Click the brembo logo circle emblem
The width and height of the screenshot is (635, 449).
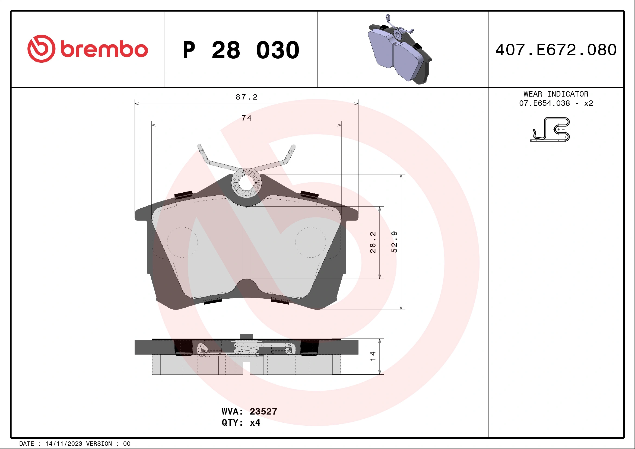pyautogui.click(x=41, y=49)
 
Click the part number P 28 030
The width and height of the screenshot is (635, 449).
pyautogui.click(x=241, y=50)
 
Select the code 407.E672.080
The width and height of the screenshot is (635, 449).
pyautogui.click(x=556, y=50)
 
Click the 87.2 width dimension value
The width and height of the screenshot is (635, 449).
pyautogui.click(x=246, y=97)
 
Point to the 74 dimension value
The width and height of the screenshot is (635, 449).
pyautogui.click(x=246, y=118)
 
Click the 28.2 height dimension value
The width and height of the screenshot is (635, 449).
pyautogui.click(x=373, y=242)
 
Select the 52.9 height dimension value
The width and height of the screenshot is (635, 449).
pyautogui.click(x=394, y=242)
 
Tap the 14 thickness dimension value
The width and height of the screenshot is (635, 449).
pyautogui.click(x=373, y=356)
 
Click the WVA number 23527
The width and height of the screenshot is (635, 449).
pyautogui.click(x=263, y=411)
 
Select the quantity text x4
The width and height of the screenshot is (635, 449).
pyautogui.click(x=255, y=423)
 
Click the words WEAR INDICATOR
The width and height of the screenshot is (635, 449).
pyautogui.click(x=556, y=94)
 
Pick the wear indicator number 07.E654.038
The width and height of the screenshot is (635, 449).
pyautogui.click(x=544, y=103)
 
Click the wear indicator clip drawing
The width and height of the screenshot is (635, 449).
pyautogui.click(x=550, y=129)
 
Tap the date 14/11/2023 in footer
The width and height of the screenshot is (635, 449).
pyautogui.click(x=63, y=444)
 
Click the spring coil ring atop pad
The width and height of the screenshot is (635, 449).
pyautogui.click(x=246, y=183)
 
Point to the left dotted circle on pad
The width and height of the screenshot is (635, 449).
pyautogui.click(x=182, y=243)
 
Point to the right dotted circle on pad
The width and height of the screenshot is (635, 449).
pyautogui.click(x=311, y=243)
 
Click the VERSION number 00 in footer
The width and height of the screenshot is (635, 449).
pyautogui.click(x=127, y=444)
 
